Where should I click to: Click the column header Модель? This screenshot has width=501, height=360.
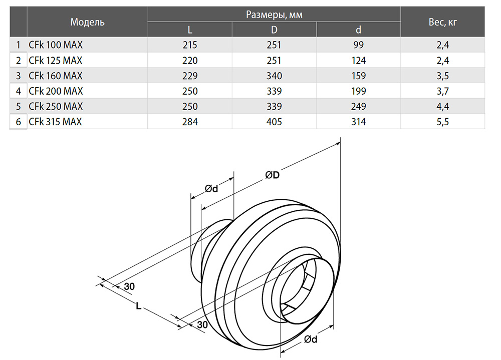[x=87, y=22]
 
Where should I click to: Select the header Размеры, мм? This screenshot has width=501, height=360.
[x=274, y=15]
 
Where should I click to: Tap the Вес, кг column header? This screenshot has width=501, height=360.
[x=442, y=22]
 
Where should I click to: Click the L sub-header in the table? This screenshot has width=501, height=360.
[x=190, y=30]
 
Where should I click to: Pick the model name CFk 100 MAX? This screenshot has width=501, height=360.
[x=56, y=45]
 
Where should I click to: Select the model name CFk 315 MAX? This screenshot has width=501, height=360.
[x=55, y=122]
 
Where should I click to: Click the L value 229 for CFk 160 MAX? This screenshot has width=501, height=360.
[x=190, y=76]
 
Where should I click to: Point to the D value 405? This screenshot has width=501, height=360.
[x=274, y=122]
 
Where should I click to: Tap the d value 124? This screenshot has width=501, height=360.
[x=359, y=61]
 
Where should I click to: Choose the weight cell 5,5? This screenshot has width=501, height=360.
[x=442, y=122]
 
